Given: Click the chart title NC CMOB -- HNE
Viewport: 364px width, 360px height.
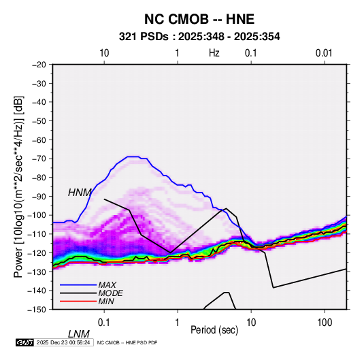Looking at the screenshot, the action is click(x=199, y=19).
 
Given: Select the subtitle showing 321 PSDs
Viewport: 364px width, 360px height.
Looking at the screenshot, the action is click(x=199, y=37).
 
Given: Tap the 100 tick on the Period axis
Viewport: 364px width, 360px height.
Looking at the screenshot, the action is click(x=325, y=323).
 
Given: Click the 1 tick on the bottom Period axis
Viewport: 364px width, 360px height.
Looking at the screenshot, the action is click(x=178, y=323).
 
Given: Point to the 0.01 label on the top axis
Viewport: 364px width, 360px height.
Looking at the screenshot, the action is click(x=324, y=53).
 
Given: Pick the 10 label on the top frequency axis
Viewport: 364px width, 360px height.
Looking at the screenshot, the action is click(x=104, y=53).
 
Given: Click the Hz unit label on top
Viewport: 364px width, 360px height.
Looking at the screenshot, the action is click(x=214, y=53).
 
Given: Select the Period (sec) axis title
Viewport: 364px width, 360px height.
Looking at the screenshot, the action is click(x=214, y=330).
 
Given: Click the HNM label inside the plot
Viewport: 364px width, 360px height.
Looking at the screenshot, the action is click(x=80, y=193).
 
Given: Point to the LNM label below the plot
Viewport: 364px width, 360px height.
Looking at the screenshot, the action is click(x=79, y=334).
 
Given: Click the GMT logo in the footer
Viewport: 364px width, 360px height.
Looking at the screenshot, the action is click(x=25, y=342).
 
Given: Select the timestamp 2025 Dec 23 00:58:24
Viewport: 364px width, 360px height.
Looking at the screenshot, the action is click(x=63, y=342).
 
